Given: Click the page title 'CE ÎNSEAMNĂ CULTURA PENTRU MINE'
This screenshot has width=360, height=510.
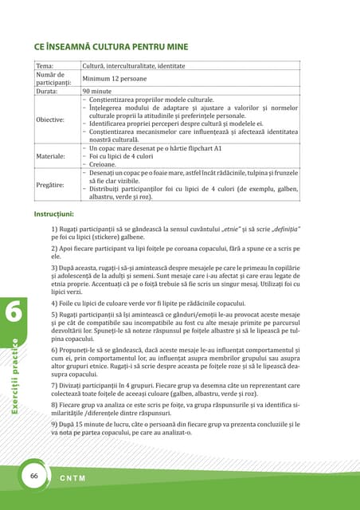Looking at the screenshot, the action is (x=111, y=46).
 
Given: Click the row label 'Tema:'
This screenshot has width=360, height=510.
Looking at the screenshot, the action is (x=44, y=66).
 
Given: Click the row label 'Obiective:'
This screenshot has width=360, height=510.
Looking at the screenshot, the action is (x=49, y=120).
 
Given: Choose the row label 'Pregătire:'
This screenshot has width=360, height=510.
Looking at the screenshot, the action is (x=49, y=184).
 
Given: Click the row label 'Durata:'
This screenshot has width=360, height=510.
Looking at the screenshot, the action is (x=47, y=92).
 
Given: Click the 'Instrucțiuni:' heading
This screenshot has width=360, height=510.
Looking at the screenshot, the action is (x=54, y=214).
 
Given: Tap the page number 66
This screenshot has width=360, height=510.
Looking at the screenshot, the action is (x=34, y=475).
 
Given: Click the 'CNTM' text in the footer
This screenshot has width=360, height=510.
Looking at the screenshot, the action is (x=73, y=478).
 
